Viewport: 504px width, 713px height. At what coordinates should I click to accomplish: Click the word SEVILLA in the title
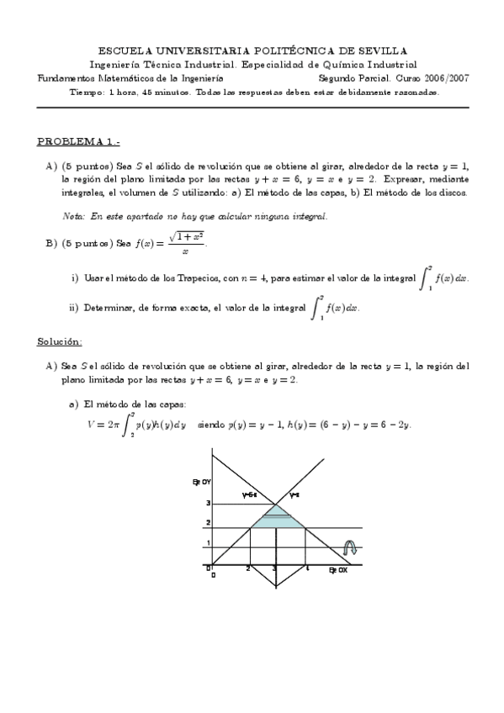(382, 51)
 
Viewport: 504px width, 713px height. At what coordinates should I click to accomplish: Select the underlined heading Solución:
(59, 342)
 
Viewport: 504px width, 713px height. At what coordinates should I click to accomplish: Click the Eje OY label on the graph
(201, 481)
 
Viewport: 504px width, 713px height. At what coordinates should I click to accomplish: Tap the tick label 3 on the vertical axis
(207, 503)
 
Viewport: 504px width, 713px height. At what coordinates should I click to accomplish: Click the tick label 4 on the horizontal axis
(308, 568)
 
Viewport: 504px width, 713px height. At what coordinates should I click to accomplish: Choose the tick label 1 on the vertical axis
(207, 542)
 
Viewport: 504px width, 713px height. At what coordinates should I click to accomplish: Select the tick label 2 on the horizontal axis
(247, 568)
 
